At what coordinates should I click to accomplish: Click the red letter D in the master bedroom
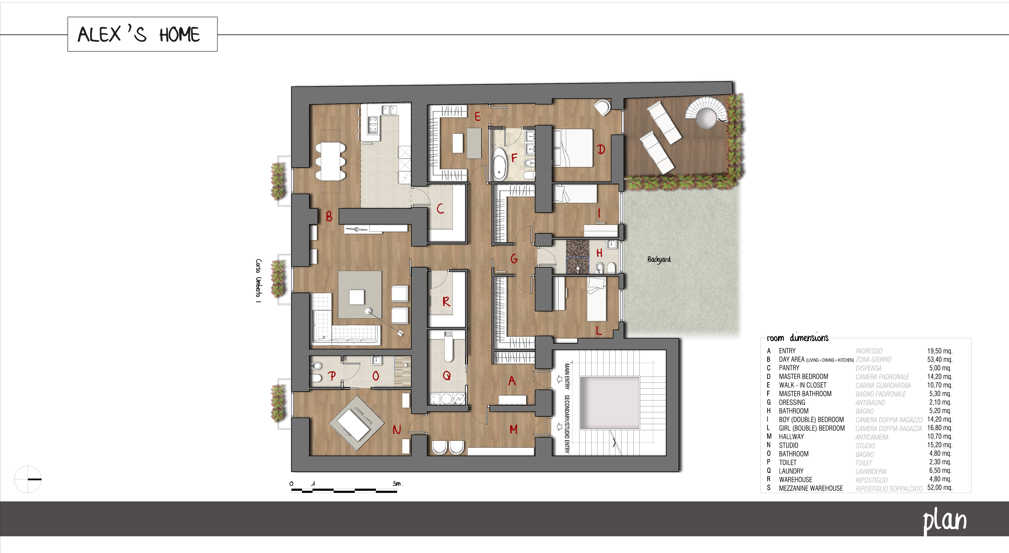click(x=601, y=149)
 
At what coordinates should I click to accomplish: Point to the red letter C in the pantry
click(x=440, y=209)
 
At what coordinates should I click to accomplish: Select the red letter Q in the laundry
click(x=447, y=376)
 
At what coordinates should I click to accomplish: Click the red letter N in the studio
click(x=397, y=430)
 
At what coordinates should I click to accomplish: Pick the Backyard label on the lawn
click(x=659, y=259)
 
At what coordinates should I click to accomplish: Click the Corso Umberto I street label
click(x=258, y=281)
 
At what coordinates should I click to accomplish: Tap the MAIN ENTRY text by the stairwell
click(x=567, y=376)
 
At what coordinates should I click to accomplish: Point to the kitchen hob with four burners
click(x=373, y=125)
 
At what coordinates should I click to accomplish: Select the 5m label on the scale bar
click(x=398, y=484)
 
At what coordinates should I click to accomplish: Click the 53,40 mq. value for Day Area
click(x=939, y=360)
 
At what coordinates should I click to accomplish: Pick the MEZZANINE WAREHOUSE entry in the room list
click(x=810, y=488)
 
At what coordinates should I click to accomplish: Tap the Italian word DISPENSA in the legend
click(x=868, y=368)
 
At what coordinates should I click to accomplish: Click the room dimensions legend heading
click(x=797, y=338)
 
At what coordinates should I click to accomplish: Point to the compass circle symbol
click(x=28, y=479)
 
